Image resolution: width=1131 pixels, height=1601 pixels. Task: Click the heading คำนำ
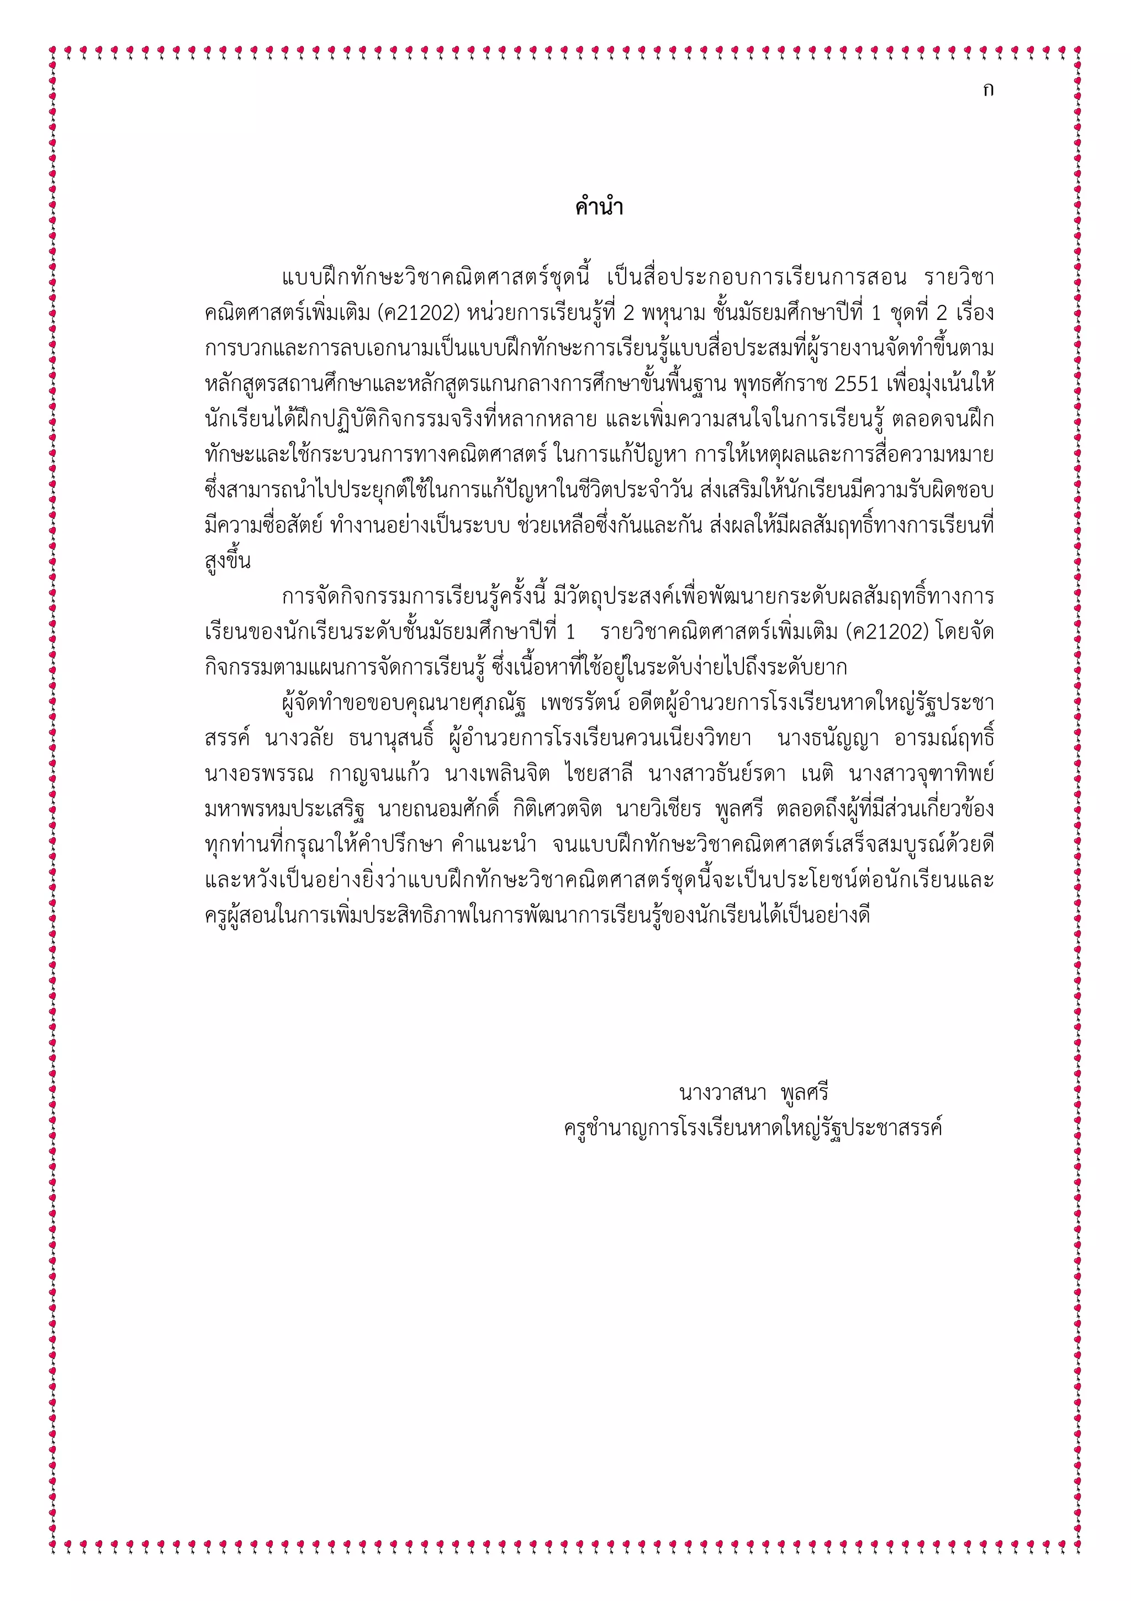(x=599, y=207)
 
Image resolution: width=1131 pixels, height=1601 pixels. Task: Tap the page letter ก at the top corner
(x=987, y=89)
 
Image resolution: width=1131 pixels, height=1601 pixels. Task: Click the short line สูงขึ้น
(x=228, y=561)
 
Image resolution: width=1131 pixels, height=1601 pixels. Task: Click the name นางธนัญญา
(x=828, y=739)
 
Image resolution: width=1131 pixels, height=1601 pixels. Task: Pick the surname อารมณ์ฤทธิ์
(x=944, y=739)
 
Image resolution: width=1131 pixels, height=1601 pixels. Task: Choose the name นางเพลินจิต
(x=498, y=774)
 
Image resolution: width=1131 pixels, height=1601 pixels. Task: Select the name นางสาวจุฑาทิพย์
(x=921, y=774)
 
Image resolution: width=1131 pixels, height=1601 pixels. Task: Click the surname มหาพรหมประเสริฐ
(x=282, y=809)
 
